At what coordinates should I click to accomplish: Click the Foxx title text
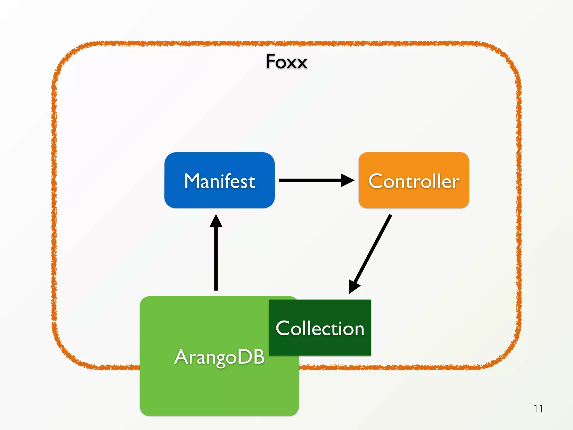[286, 62]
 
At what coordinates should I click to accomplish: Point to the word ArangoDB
[219, 357]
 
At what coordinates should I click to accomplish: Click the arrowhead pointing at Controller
[348, 180]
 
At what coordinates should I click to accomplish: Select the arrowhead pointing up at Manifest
[216, 221]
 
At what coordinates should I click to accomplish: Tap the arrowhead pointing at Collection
[353, 287]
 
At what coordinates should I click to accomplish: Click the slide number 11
[538, 409]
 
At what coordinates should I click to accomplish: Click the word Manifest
[220, 181]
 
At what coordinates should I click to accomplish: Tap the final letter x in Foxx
[302, 63]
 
